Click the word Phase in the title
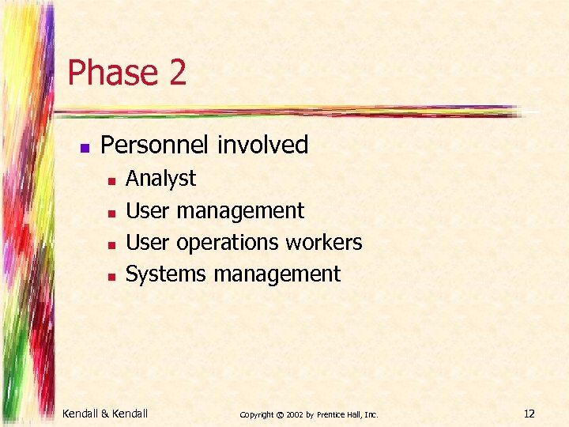111,73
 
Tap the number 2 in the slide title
176,73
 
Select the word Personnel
156,145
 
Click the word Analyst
160,179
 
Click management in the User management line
240,211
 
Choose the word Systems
166,274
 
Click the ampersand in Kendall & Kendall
106,413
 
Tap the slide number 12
529,413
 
